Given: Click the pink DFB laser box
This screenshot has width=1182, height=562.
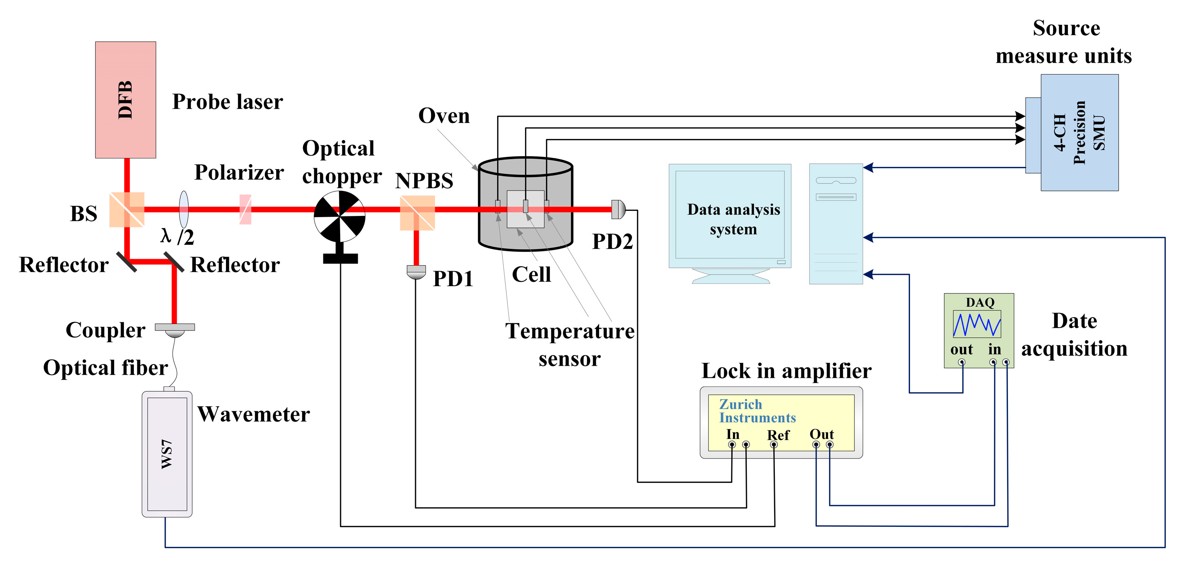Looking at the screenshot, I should (125, 100).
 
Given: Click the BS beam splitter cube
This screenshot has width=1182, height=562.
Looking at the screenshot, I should (127, 210).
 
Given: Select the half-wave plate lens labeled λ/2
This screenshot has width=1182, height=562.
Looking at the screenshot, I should (184, 209).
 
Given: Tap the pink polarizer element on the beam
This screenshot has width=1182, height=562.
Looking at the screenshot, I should (246, 210).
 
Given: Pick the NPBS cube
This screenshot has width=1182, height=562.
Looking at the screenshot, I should (417, 213).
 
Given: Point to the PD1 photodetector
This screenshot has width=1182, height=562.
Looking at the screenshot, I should (416, 272).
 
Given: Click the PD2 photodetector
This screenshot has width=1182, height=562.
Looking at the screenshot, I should (618, 209).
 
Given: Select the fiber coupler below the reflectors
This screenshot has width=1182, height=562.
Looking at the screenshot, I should (174, 329).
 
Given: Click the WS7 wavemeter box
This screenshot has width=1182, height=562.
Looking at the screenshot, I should (167, 454).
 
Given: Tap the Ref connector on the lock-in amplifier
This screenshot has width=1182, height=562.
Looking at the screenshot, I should (774, 444).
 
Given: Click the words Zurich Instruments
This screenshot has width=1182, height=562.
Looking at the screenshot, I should (756, 411).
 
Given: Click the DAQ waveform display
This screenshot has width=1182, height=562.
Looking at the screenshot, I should (977, 324).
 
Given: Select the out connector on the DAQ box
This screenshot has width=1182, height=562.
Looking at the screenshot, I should (961, 362).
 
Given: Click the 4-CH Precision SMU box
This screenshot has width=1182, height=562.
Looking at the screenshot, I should (1079, 133).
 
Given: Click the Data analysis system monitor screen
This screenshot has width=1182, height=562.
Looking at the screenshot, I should (730, 215).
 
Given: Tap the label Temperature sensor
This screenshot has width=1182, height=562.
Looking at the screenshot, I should (569, 344).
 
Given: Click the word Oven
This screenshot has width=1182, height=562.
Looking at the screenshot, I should (444, 115).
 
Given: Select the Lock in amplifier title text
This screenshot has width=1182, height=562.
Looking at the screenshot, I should (786, 371).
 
